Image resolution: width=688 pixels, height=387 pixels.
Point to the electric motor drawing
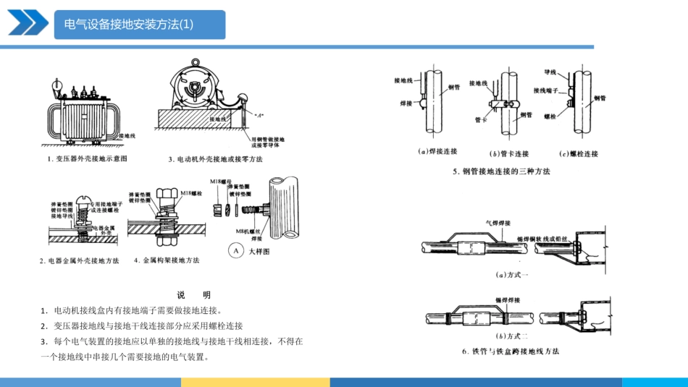196,90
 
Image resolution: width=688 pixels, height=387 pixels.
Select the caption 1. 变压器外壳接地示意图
87,158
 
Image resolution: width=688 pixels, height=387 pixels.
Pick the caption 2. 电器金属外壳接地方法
79,260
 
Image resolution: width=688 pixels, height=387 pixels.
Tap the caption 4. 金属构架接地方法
167,260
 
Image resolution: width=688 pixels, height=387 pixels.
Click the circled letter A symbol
235,252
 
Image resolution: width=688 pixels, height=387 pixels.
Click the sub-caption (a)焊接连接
438,153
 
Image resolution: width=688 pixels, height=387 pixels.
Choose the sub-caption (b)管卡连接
509,153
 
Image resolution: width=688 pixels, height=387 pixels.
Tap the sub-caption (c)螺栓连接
579,153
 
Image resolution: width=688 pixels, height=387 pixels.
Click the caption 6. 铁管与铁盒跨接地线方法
511,352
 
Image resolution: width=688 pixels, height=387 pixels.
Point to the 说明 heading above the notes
193,295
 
